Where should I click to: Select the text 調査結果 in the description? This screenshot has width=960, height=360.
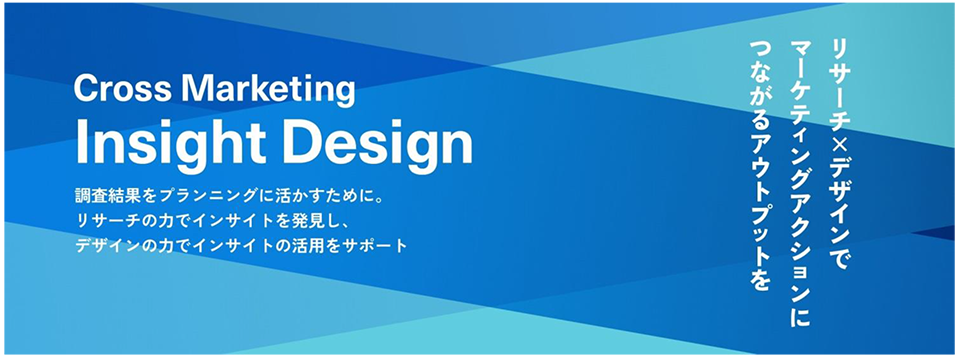pyautogui.click(x=103, y=200)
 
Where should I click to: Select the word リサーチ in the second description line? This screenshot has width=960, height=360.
pyautogui.click(x=103, y=222)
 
